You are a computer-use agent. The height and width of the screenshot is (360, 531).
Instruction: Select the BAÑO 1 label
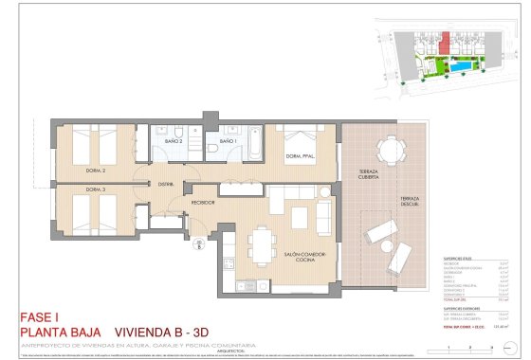pyautogui.click(x=229, y=142)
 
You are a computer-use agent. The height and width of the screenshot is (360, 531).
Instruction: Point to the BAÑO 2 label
pyautogui.click(x=173, y=142)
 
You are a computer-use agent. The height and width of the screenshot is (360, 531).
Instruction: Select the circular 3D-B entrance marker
pyautogui.click(x=200, y=245)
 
